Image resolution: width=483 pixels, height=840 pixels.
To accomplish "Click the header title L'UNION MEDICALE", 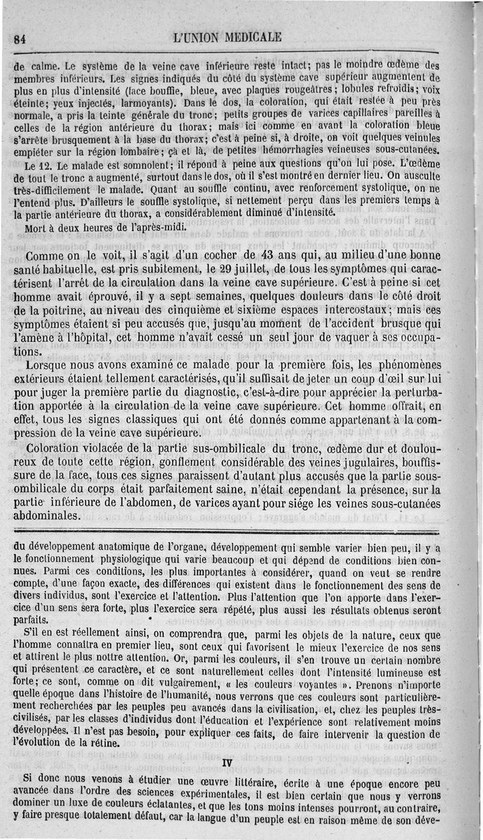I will [226, 37].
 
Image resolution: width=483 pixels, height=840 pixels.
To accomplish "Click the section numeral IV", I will [227, 763].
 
